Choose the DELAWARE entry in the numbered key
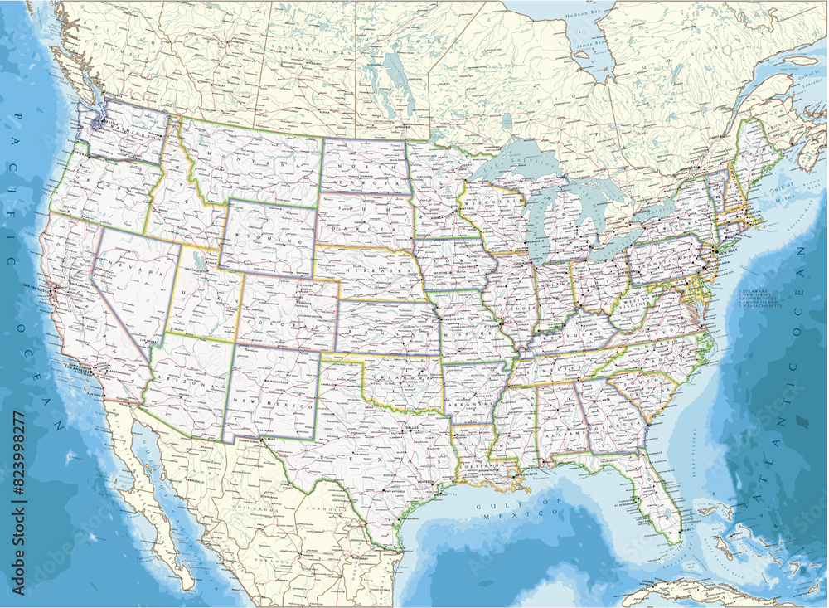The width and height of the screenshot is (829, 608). coord(758,289)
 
